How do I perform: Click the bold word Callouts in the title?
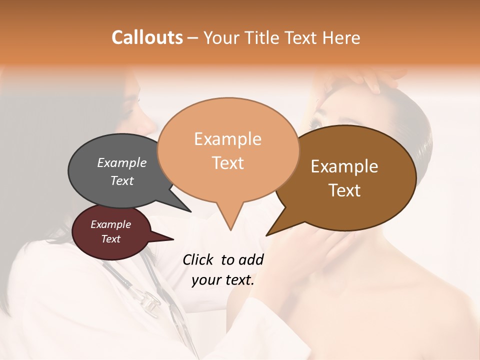point(147,37)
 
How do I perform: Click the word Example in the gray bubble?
point(121,162)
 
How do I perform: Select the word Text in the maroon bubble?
point(110,239)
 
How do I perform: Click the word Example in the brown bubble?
point(344,166)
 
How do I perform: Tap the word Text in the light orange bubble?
point(228,163)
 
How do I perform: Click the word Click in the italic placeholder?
point(197,259)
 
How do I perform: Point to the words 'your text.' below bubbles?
point(223,280)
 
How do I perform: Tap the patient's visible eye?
point(316,122)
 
